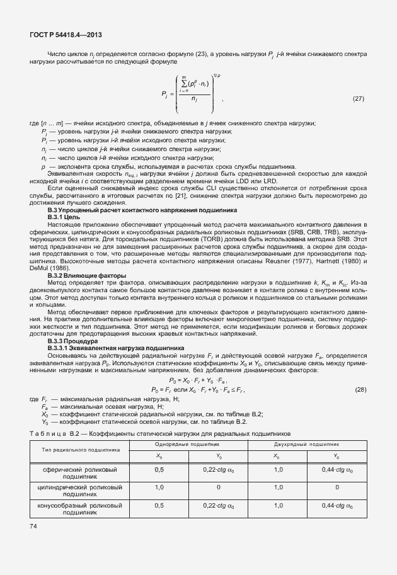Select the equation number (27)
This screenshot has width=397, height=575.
(x=358, y=100)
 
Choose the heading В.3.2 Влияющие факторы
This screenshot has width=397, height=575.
(x=87, y=276)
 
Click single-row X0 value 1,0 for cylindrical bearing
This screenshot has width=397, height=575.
(x=159, y=487)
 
